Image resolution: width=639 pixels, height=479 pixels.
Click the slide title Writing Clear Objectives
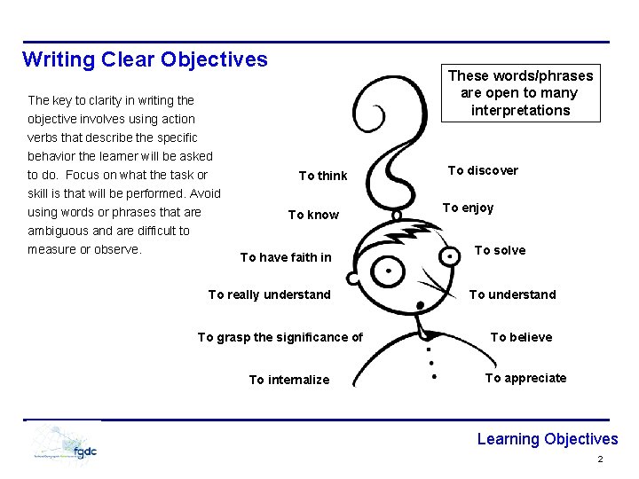click(145, 60)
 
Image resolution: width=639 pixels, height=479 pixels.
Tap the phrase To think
click(323, 176)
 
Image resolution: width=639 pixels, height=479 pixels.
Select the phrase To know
click(313, 215)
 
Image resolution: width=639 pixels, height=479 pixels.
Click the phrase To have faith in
click(286, 257)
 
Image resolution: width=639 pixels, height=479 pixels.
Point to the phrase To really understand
click(269, 294)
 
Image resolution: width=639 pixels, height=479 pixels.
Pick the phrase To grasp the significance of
click(280, 337)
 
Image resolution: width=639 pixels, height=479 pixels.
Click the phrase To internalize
click(288, 380)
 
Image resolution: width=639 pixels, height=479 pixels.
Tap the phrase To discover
click(483, 170)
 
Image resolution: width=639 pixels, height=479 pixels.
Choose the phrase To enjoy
click(468, 208)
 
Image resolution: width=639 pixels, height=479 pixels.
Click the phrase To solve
click(500, 250)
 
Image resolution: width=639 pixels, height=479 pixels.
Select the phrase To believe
click(521, 337)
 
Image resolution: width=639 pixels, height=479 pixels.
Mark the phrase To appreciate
click(525, 378)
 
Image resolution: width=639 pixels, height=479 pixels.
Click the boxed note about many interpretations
click(521, 93)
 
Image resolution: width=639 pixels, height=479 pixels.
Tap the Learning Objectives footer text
click(547, 439)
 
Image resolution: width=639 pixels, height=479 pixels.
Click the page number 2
click(600, 459)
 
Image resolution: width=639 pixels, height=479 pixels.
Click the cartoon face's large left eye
click(389, 272)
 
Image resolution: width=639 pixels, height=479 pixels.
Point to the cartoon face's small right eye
click(453, 255)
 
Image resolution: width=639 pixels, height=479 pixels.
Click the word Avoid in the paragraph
click(204, 193)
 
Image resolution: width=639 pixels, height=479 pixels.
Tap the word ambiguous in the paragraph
click(57, 231)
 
